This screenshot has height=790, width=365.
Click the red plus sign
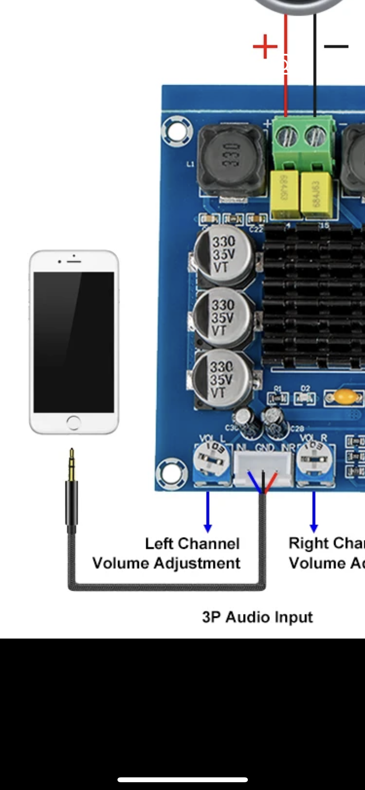click(265, 47)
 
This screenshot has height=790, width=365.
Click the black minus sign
click(336, 47)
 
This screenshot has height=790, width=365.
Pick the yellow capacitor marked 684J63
click(316, 195)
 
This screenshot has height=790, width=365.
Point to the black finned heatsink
click(313, 295)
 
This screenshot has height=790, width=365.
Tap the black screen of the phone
click(74, 342)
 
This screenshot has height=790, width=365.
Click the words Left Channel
click(192, 544)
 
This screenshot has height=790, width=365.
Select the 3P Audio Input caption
click(257, 617)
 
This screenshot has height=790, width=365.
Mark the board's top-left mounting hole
click(176, 131)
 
